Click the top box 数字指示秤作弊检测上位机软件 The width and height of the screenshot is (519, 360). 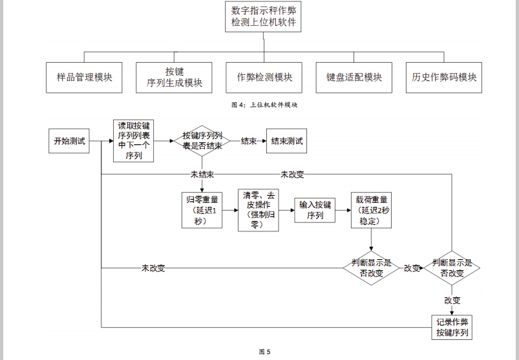click(264, 17)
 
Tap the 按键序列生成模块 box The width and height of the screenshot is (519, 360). click(174, 78)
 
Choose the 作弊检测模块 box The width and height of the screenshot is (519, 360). click(264, 78)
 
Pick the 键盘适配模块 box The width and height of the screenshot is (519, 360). click(354, 78)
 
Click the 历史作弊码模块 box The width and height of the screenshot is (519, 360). click(444, 78)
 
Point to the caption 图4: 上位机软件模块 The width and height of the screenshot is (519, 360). click(264, 104)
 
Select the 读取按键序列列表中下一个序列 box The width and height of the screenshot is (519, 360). click(134, 141)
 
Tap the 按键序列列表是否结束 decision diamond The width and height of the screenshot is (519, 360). click(202, 141)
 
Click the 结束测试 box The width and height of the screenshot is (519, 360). click(287, 141)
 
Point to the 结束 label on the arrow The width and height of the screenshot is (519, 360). click(249, 141)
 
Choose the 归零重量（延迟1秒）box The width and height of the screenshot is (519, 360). click(202, 210)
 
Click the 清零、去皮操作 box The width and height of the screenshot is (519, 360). click(259, 210)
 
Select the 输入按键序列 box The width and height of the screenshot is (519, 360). click(315, 210)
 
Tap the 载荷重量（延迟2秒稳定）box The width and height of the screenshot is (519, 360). click(371, 210)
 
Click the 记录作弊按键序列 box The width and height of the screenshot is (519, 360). click(452, 328)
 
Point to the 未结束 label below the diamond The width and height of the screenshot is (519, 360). click(202, 175)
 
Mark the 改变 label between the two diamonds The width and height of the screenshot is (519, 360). click(412, 268)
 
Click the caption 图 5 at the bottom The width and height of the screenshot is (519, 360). click(264, 352)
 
